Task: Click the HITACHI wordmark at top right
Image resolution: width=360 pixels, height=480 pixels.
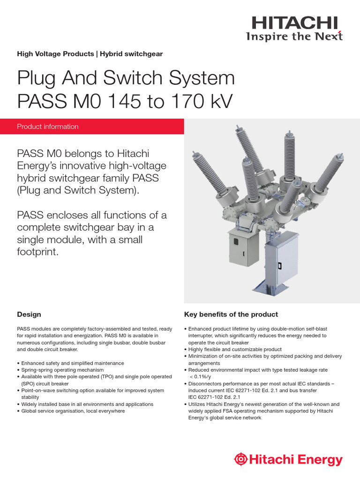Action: coord(294,22)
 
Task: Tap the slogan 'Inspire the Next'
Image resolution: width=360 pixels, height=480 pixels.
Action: coord(294,36)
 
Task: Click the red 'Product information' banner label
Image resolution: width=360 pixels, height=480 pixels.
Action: coord(48,127)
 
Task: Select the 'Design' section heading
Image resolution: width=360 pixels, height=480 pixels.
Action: coord(29,315)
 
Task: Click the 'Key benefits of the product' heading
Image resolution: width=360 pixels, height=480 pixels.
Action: coord(231,315)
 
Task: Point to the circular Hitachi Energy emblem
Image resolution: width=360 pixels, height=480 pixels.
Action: coord(240,460)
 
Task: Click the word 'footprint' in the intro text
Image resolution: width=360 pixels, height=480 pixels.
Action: coord(37,252)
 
